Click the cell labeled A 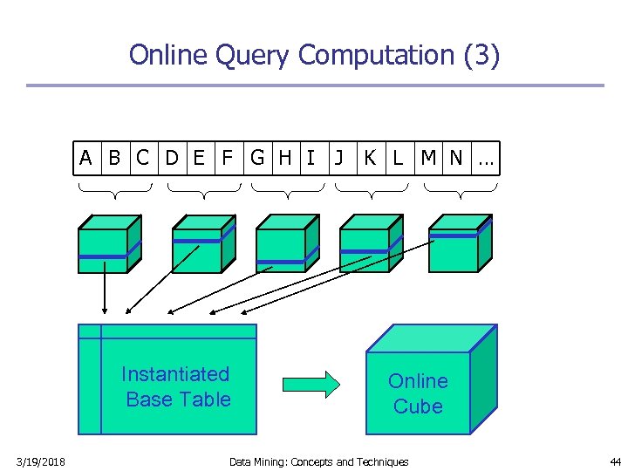point(87,158)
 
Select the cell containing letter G point(258,158)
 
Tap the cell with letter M point(428,158)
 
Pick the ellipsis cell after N point(486,158)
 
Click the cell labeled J point(344,158)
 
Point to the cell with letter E point(201,158)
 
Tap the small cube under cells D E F point(204,244)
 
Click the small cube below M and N point(461,243)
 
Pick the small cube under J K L point(372,243)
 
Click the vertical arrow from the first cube point(105,288)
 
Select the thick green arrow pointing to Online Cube point(311,385)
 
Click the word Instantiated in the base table point(175,374)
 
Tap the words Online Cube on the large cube point(418,393)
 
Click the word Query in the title point(252,55)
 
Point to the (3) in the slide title point(481,55)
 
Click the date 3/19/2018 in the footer point(40,461)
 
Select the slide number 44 point(615,461)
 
